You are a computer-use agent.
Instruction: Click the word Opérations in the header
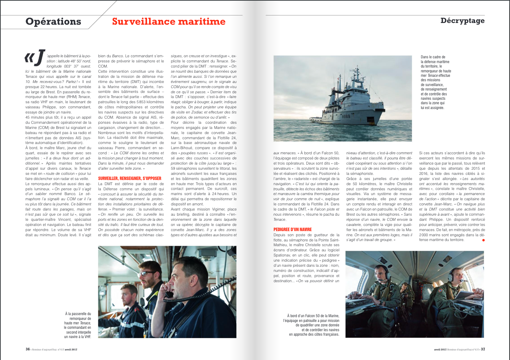click(x=53, y=22)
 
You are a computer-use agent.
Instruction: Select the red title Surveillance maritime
click(x=169, y=22)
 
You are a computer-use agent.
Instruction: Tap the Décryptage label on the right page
click(x=462, y=21)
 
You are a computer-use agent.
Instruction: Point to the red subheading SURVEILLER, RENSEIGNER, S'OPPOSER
click(x=130, y=178)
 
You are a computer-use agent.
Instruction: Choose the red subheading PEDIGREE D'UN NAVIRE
click(x=292, y=229)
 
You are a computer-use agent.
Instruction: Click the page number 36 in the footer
click(x=27, y=349)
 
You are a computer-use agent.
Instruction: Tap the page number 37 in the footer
click(x=483, y=349)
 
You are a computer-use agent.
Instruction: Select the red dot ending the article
click(x=483, y=240)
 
